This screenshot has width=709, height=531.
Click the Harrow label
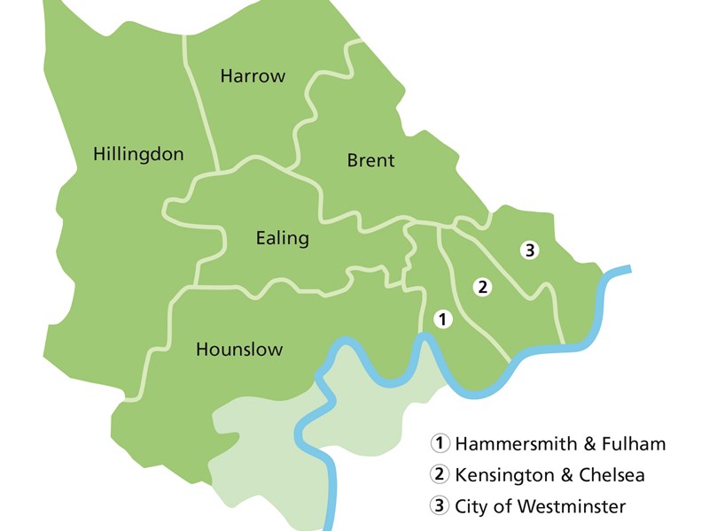[253, 76]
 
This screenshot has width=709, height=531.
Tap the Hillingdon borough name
[138, 155]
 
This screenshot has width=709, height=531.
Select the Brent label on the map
[370, 161]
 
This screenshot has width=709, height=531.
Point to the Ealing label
[282, 238]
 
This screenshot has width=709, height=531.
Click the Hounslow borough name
[239, 350]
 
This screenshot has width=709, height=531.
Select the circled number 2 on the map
[482, 287]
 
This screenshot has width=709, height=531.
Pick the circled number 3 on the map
[529, 250]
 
